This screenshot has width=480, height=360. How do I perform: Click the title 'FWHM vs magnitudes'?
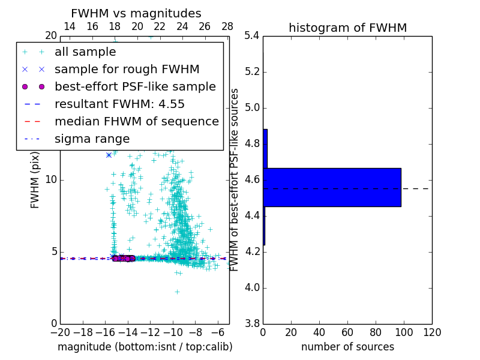click(x=136, y=14)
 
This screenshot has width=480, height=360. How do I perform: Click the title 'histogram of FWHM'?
click(x=347, y=28)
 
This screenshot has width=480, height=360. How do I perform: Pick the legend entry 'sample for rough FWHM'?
click(x=127, y=69)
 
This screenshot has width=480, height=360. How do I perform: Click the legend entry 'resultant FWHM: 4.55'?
click(x=119, y=104)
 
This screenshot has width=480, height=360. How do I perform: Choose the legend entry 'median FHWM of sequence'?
click(x=136, y=121)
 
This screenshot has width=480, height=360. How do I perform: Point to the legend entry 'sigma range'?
click(x=92, y=139)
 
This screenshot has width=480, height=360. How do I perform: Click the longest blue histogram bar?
click(x=332, y=187)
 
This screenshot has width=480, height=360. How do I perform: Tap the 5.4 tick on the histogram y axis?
click(x=252, y=36)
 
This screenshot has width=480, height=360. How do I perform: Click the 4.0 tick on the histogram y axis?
click(x=252, y=288)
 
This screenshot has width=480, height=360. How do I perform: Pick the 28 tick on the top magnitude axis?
click(x=227, y=26)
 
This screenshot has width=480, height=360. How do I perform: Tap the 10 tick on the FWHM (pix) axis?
click(x=51, y=180)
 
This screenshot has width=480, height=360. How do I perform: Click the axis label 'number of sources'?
click(x=347, y=347)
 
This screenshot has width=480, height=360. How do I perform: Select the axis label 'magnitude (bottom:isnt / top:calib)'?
click(x=145, y=347)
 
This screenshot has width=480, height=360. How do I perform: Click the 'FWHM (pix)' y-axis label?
click(x=35, y=180)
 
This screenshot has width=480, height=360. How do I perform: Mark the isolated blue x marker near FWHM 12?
click(x=109, y=155)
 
